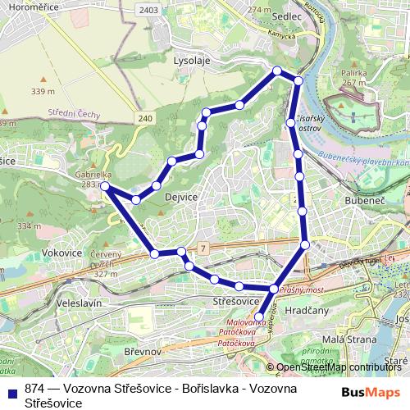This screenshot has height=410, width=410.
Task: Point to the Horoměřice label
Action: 31,11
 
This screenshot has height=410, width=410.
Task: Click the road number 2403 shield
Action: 149,10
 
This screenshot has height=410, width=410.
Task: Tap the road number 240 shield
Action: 144,119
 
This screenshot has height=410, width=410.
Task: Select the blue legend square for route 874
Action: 12,390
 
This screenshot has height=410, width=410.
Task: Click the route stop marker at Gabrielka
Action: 105,186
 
